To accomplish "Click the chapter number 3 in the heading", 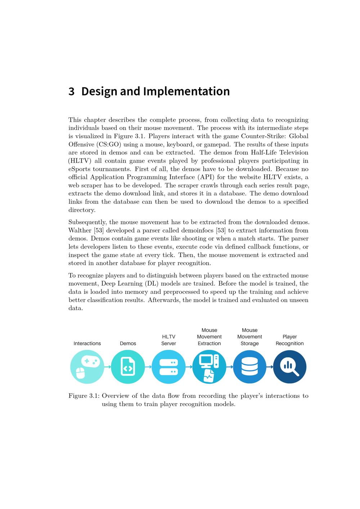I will click(x=71, y=91).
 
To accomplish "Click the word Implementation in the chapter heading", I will click(x=186, y=91).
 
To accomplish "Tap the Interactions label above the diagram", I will click(x=87, y=343).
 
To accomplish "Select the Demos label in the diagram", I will click(x=128, y=343).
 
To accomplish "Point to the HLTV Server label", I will click(x=168, y=340).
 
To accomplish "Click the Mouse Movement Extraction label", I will click(x=209, y=337).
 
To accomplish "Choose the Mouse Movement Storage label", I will click(x=249, y=337).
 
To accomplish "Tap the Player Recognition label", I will click(x=290, y=340).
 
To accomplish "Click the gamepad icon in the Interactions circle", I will click(x=90, y=361).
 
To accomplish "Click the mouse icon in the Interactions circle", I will click(x=81, y=373).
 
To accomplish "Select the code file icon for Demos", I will click(x=128, y=367).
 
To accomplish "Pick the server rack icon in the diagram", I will click(x=168, y=367).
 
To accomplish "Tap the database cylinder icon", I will click(x=249, y=367).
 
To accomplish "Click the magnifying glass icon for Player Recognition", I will click(x=290, y=367).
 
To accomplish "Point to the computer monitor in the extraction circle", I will click(x=206, y=360).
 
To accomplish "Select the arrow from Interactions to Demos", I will click(x=107, y=367).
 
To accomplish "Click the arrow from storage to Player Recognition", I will click(x=270, y=367).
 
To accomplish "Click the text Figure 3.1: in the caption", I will click(x=84, y=396).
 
